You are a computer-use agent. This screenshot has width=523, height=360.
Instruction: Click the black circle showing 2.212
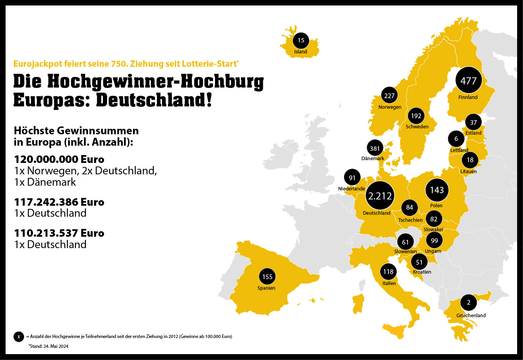click(379, 196)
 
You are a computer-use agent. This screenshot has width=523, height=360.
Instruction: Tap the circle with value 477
click(468, 81)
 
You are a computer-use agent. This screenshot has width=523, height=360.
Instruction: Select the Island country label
click(301, 51)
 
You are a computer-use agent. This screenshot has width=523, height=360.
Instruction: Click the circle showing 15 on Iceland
click(301, 40)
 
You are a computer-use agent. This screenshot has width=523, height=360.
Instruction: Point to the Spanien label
click(267, 288)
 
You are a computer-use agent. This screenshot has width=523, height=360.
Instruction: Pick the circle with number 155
click(267, 277)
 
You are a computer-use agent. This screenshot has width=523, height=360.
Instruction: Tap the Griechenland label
click(471, 315)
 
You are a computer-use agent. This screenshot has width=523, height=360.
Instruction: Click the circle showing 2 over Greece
click(469, 303)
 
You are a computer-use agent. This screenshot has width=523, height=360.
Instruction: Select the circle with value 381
click(375, 148)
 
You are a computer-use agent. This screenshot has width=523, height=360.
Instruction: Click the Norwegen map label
click(390, 107)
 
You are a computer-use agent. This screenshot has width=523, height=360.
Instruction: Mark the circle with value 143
click(437, 190)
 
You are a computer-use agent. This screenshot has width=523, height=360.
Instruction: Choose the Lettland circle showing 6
click(456, 139)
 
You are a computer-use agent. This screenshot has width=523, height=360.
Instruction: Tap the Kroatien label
click(422, 272)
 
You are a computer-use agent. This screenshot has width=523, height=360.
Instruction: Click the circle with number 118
click(388, 272)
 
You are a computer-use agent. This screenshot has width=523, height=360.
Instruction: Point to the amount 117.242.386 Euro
click(59, 202)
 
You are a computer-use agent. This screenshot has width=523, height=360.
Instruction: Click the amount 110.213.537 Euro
click(59, 233)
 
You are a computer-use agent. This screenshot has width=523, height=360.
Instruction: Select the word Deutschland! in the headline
click(154, 100)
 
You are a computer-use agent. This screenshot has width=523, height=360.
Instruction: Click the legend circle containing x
click(18, 337)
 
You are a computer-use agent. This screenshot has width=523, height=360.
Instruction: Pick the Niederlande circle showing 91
click(352, 178)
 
